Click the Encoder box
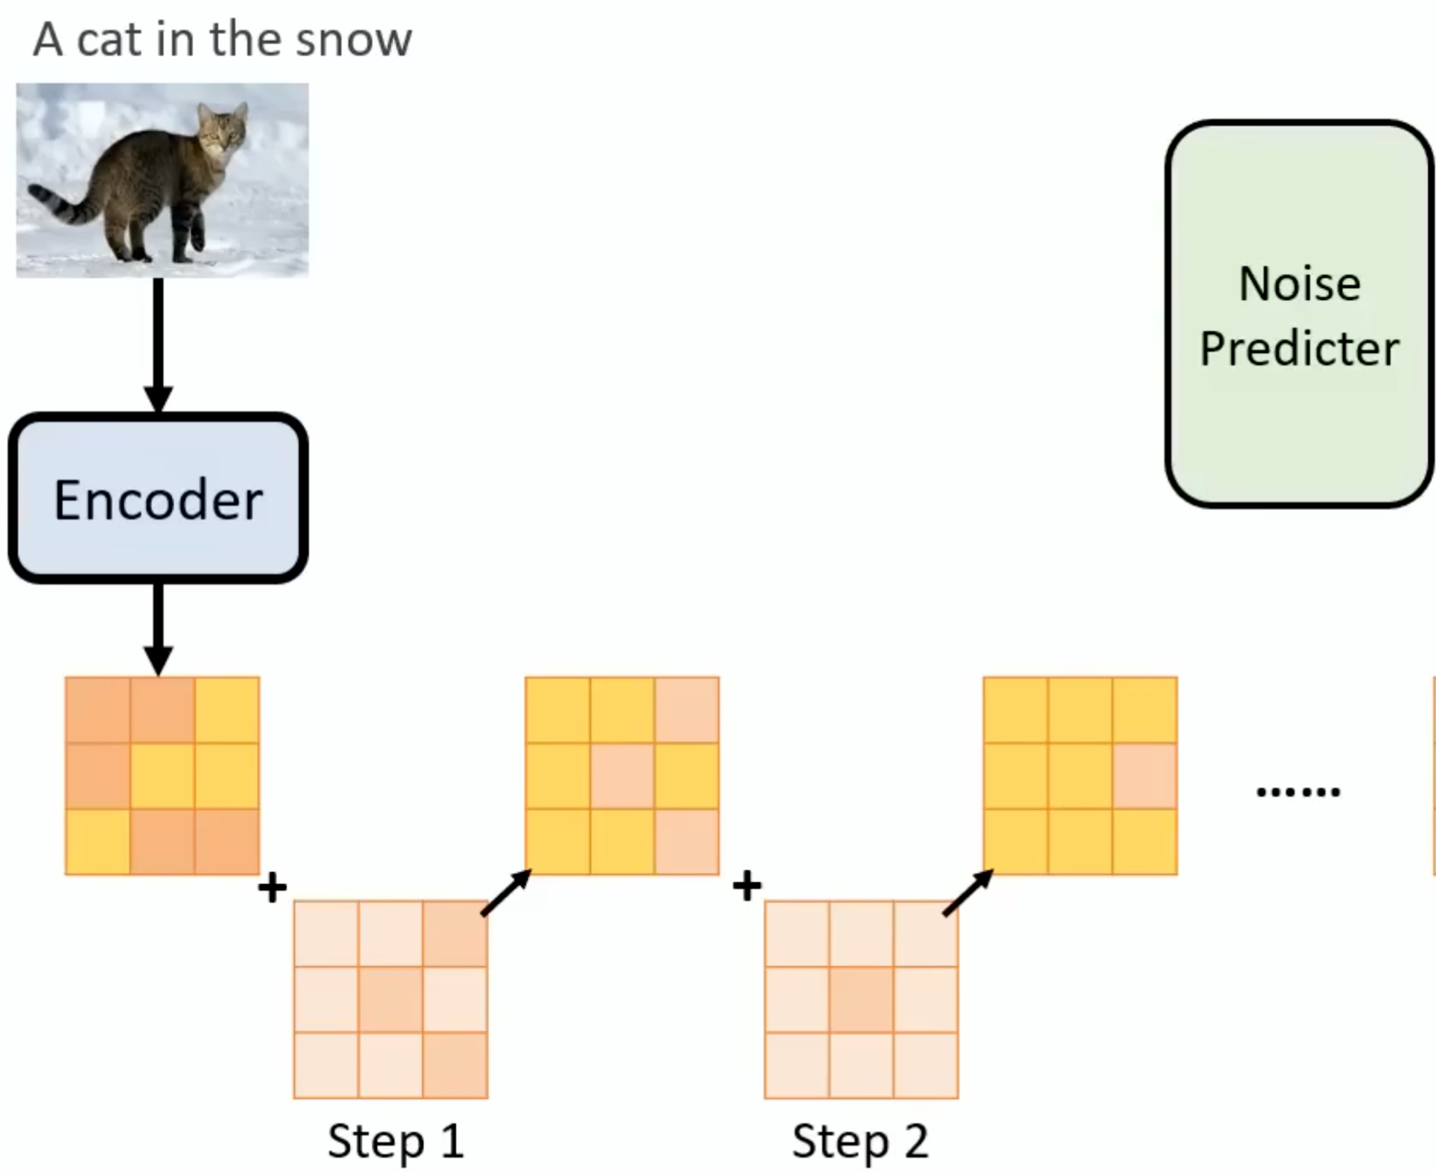(x=158, y=498)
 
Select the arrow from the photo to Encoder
(x=158, y=342)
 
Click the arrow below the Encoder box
(x=158, y=628)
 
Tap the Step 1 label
(x=395, y=1141)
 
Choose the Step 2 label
(x=860, y=1141)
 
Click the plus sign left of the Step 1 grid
(x=272, y=887)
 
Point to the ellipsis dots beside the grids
(x=1297, y=793)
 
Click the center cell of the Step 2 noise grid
(x=861, y=999)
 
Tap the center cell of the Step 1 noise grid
(x=391, y=999)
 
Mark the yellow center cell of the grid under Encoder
(x=163, y=775)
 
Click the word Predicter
(x=1298, y=348)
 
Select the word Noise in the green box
(x=1298, y=284)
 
